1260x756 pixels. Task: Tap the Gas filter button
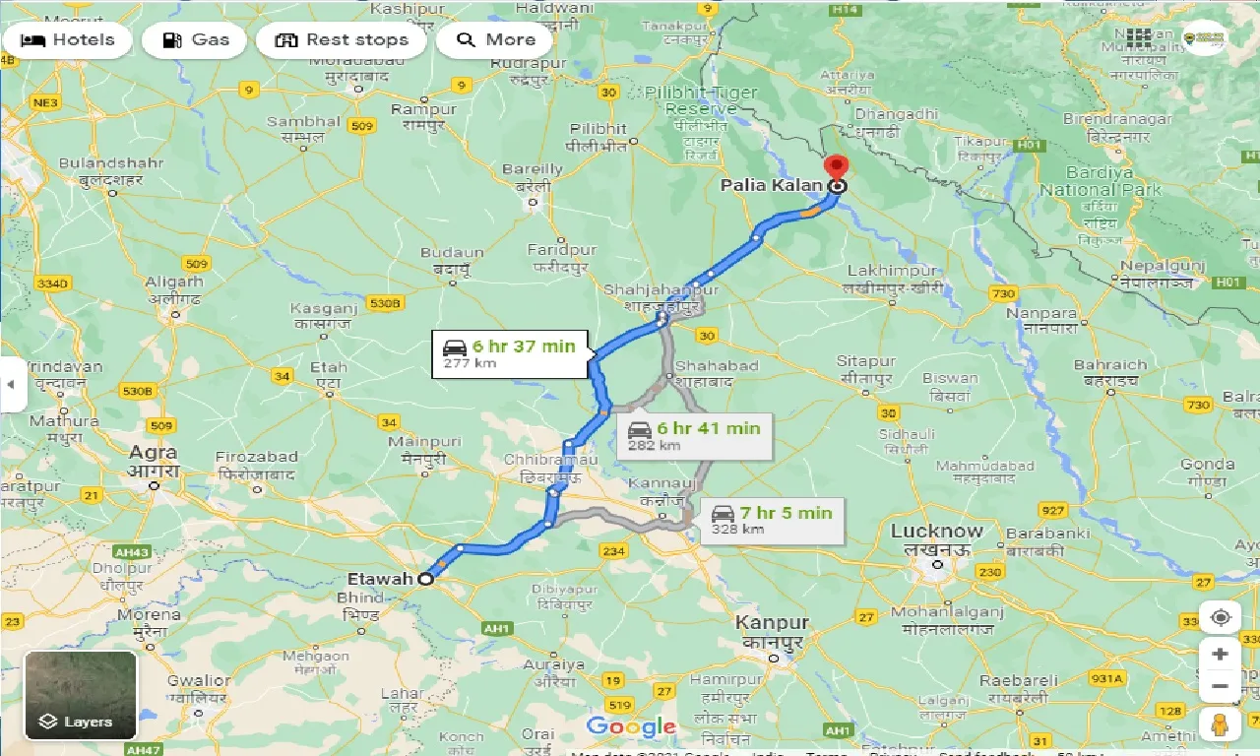(195, 40)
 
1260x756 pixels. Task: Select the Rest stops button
(341, 40)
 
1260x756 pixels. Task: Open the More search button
(495, 40)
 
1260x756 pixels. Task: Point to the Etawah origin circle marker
(426, 579)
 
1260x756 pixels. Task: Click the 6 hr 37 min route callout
(510, 353)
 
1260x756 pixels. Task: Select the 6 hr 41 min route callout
(695, 435)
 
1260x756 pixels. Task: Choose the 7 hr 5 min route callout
(770, 520)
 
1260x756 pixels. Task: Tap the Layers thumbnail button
(81, 696)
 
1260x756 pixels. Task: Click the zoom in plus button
(1221, 655)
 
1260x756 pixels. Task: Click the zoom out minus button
(1221, 686)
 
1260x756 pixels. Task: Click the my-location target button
(1221, 617)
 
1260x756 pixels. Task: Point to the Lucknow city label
(936, 532)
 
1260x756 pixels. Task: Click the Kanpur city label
(773, 623)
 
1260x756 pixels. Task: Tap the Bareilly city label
(533, 169)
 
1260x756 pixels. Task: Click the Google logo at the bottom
(631, 728)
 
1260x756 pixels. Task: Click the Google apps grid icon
(1139, 38)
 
